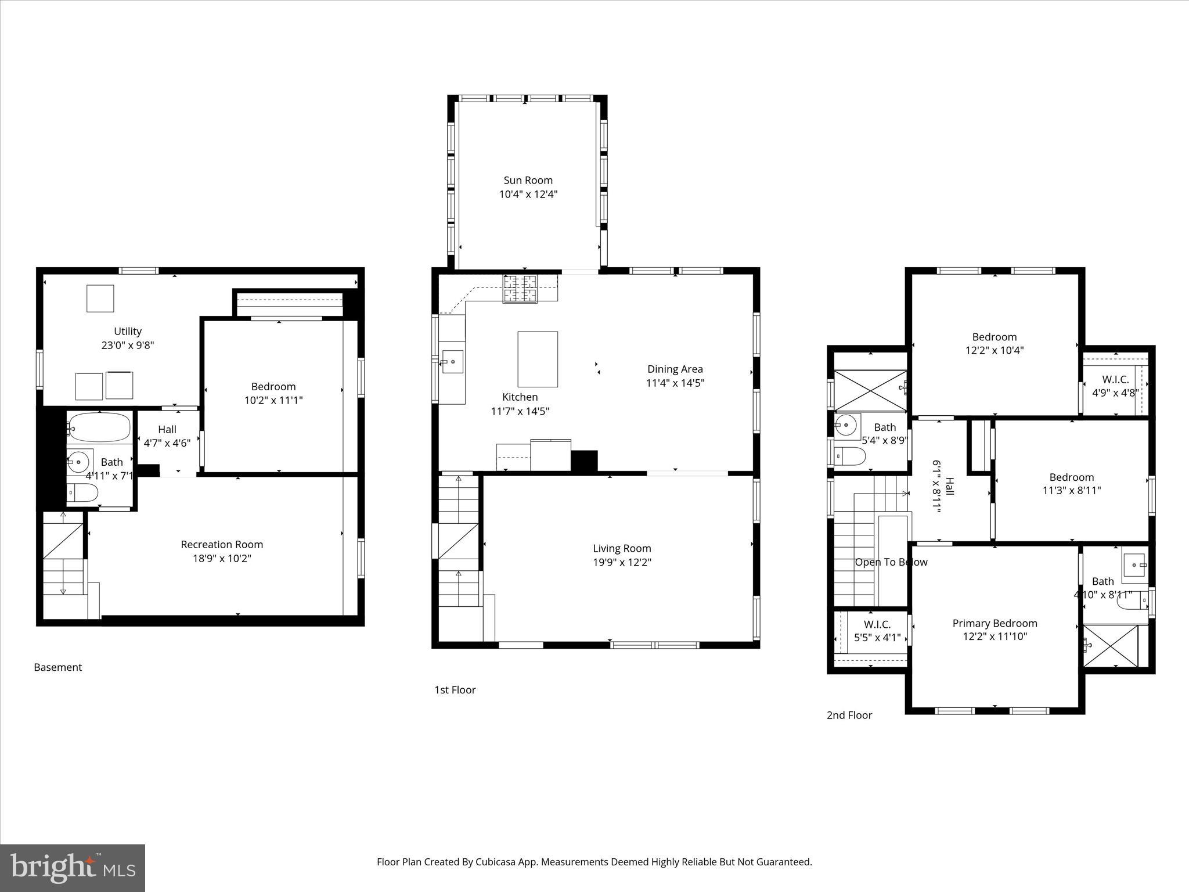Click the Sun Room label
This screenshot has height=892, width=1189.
[x=528, y=181]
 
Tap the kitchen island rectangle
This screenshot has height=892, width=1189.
[x=538, y=359]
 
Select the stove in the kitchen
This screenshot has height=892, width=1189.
[x=520, y=289]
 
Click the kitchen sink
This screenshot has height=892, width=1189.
[x=452, y=361]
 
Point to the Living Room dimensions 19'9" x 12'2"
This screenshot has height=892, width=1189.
[x=622, y=562]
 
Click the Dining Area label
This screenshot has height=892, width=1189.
[x=675, y=369]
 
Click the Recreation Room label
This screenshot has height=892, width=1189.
[x=222, y=545]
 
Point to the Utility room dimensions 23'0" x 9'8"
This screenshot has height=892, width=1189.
[x=128, y=345]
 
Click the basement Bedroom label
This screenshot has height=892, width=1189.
[x=273, y=387]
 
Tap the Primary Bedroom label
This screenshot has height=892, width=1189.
[x=995, y=624]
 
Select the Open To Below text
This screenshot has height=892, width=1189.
[x=891, y=562]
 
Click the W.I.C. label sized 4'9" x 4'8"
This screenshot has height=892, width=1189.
[x=1115, y=380]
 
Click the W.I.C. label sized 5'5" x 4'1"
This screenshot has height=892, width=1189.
[x=877, y=625]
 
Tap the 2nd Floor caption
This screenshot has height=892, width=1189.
[x=849, y=715]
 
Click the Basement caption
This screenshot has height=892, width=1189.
[x=57, y=668]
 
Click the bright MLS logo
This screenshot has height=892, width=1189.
[x=72, y=868]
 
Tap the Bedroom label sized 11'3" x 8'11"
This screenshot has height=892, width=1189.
[x=1071, y=477]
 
